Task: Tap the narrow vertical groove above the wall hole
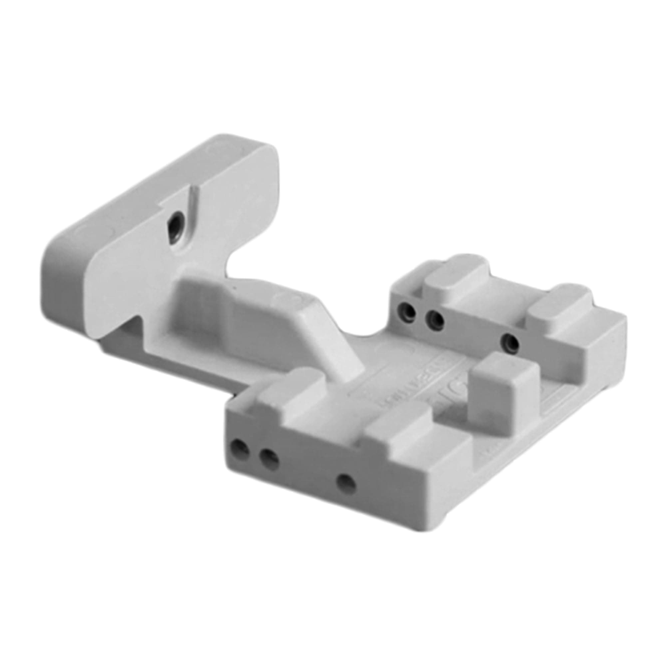click(194, 200)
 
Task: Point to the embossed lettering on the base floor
click(407, 383)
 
